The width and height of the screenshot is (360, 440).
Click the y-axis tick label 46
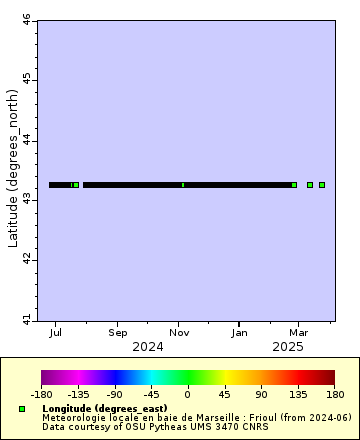(27, 19)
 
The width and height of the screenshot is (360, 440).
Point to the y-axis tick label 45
(27, 79)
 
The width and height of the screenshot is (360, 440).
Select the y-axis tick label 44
(27, 140)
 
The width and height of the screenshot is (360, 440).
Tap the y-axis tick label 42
(27, 260)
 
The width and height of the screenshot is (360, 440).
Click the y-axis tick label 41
(27, 319)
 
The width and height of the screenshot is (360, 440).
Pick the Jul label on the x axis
(57, 331)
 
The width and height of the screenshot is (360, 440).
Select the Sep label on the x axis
(118, 331)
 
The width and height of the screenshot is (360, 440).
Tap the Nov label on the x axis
(179, 331)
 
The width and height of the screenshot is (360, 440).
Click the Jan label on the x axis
(240, 331)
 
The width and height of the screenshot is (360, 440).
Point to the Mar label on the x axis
(298, 331)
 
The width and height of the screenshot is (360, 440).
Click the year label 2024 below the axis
(147, 346)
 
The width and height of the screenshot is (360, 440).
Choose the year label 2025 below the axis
(287, 346)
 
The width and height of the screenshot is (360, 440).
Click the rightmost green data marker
(322, 185)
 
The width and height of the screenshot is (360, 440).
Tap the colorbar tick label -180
(41, 394)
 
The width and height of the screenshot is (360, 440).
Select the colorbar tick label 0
(188, 394)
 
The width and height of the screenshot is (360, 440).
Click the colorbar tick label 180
(335, 394)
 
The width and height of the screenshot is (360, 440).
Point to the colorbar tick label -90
(114, 394)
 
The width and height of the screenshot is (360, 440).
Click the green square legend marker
(22, 409)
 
